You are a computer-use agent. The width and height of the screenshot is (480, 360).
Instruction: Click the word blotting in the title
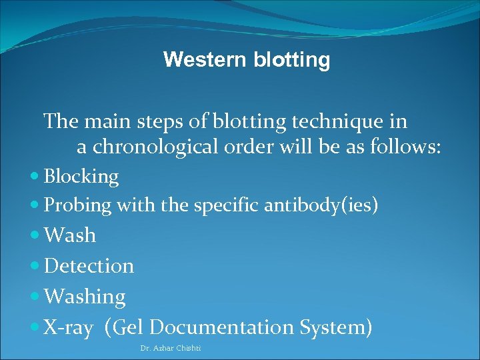[x=291, y=60]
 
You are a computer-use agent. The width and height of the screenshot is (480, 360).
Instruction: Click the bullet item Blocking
[x=81, y=177]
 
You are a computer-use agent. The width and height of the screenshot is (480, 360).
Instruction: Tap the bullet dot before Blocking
[x=35, y=177]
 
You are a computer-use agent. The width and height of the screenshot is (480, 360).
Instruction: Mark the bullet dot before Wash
[x=35, y=235]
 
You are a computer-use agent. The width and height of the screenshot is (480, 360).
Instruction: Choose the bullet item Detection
[x=89, y=266]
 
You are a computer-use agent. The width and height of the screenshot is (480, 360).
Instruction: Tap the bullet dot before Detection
[x=35, y=266]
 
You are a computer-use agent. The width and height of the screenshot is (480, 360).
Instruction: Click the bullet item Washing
[x=84, y=297]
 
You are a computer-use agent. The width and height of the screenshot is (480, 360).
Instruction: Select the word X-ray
[x=68, y=327]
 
